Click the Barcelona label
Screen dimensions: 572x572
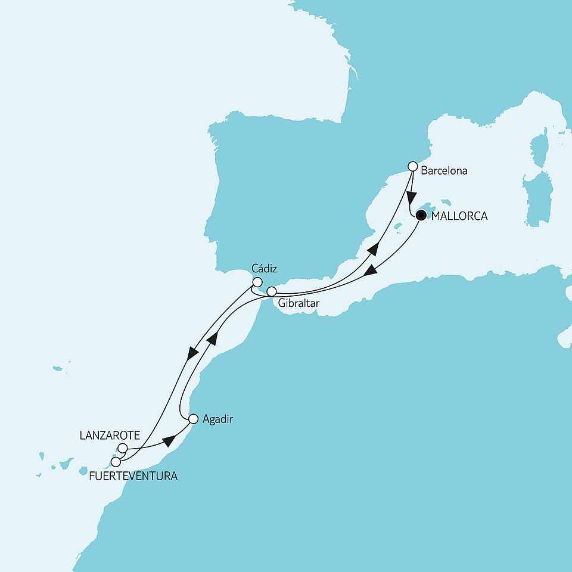[444, 170]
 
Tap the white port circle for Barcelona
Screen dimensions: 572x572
[412, 166]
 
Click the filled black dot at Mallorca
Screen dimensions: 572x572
[421, 216]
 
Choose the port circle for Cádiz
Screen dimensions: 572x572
[257, 282]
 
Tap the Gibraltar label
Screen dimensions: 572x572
[298, 303]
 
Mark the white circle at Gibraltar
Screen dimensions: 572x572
[271, 292]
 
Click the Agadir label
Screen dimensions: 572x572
[217, 419]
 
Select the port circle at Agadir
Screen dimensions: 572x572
[193, 419]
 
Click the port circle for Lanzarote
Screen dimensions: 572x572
[123, 447]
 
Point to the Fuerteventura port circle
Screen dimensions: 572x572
[116, 461]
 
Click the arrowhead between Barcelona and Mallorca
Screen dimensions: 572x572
[411, 197]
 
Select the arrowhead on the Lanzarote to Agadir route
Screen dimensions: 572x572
[170, 442]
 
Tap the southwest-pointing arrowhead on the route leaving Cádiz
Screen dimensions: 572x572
[192, 353]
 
